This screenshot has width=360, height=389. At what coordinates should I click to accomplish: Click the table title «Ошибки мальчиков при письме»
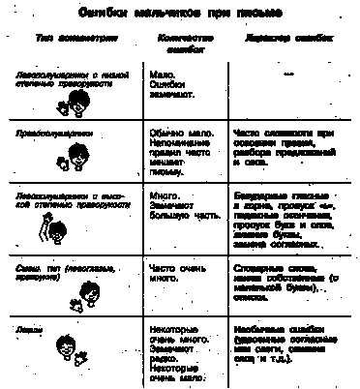point(181,12)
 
